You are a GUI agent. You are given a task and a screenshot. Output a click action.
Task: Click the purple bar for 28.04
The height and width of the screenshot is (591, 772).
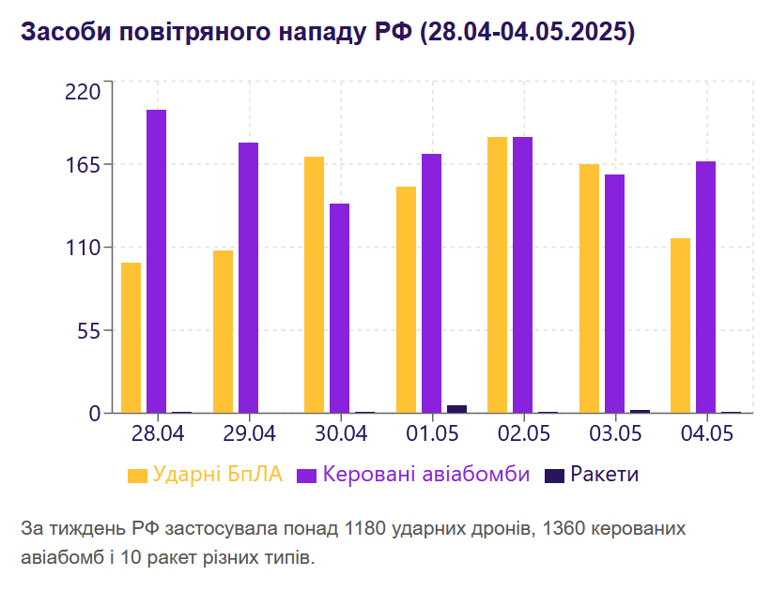coord(156,261)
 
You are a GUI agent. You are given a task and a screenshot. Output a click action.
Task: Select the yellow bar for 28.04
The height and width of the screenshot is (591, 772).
coord(131,338)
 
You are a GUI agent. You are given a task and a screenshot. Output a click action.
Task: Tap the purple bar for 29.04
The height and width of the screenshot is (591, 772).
coord(248,278)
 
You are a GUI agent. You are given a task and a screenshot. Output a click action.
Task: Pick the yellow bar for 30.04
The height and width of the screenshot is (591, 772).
coord(314,284)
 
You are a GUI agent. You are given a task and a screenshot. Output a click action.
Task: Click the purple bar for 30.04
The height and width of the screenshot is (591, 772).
coord(339,308)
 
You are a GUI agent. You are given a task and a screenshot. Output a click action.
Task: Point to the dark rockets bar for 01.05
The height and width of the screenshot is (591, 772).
coord(456,409)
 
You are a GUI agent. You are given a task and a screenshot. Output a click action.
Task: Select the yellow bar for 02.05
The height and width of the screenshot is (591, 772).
coord(497,275)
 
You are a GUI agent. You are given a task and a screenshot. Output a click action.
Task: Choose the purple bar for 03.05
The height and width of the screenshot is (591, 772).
coord(614,294)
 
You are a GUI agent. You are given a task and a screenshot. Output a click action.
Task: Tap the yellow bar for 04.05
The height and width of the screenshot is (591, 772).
coord(680,326)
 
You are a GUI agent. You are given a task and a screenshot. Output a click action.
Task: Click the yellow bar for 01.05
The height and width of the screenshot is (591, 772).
coord(406,299)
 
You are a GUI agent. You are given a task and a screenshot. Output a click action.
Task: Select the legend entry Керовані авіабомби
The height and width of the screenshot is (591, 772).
coord(413,475)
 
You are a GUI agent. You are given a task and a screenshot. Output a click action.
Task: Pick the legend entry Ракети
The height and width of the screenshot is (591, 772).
coord(593,475)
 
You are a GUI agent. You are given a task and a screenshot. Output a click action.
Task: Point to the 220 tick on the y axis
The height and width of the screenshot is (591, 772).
coord(83,92)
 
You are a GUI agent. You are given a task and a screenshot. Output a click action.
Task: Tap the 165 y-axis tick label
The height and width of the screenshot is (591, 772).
coord(83,165)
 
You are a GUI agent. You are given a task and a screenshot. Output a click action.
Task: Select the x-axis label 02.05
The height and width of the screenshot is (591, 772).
coord(524,434)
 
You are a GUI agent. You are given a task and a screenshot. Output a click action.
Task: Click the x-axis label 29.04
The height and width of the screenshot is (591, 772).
coord(248,434)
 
